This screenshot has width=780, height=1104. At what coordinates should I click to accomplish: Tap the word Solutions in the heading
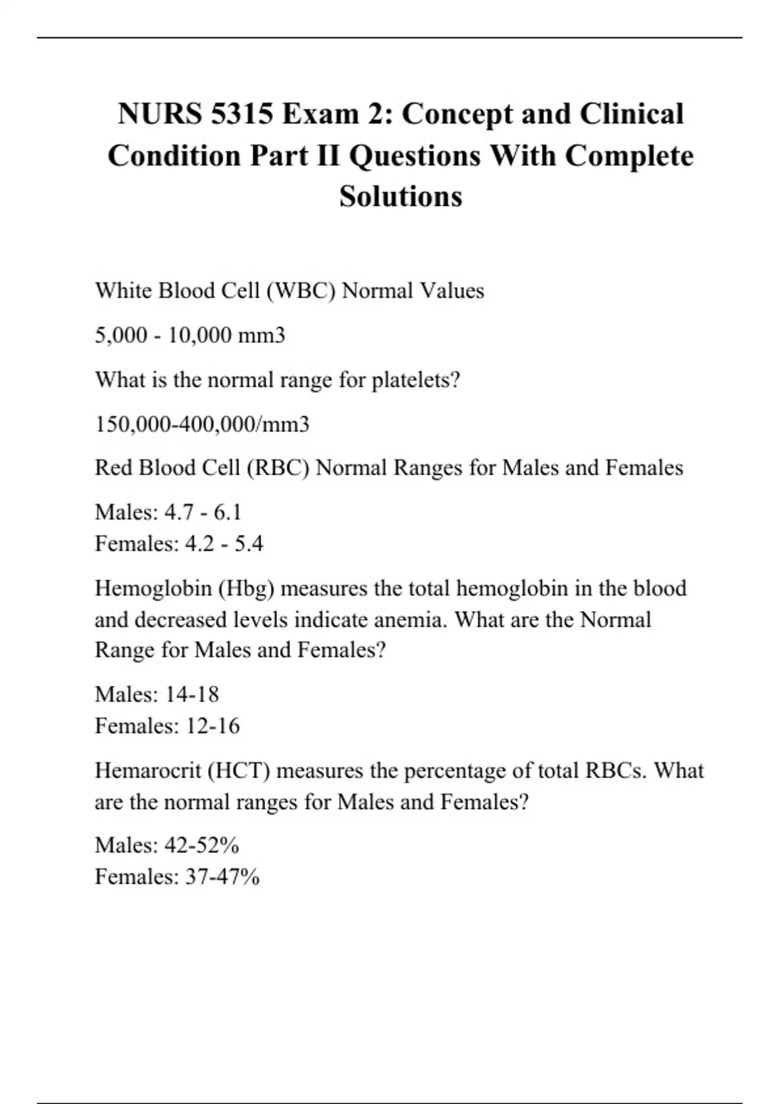400,196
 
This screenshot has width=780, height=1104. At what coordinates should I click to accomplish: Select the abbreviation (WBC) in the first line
300,290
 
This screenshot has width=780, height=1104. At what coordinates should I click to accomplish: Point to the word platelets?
415,380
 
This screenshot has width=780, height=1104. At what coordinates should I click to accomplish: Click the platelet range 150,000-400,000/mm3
202,424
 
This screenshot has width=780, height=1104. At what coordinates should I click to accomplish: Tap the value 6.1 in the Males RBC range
227,512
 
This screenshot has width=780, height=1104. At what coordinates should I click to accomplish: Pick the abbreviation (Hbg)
246,588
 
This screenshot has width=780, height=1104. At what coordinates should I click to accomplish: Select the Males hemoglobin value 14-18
192,694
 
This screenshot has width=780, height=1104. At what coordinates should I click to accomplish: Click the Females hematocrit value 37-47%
222,877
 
